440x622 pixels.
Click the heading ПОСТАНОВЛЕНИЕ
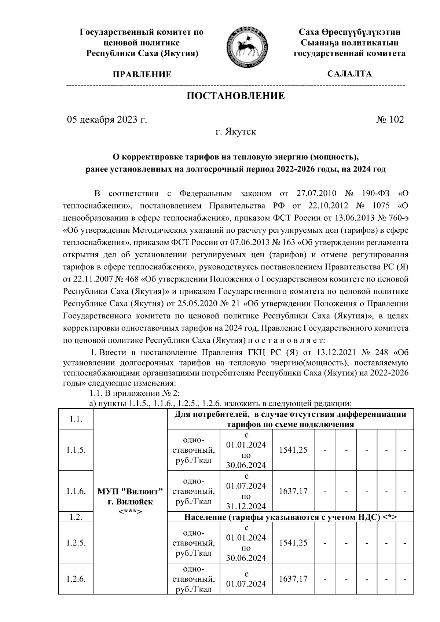236,96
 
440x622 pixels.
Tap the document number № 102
390,119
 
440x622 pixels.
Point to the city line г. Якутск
235,132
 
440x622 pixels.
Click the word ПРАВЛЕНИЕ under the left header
142,75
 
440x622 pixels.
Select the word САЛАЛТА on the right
349,74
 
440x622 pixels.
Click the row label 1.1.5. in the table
76,450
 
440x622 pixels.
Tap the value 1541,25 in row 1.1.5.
293,450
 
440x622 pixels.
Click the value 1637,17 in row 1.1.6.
293,491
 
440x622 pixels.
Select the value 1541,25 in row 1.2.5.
293,543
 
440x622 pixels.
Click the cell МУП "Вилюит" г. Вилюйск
130,496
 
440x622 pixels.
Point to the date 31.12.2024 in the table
246,507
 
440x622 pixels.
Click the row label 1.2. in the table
76,517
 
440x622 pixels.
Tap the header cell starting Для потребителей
290,419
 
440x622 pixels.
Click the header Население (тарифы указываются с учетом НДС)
290,517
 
